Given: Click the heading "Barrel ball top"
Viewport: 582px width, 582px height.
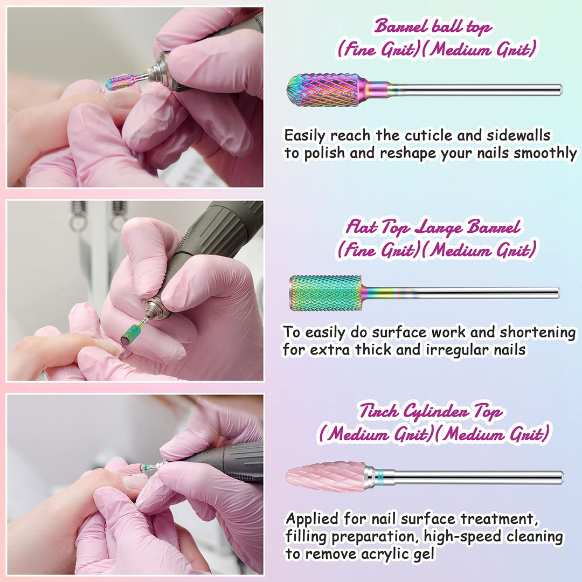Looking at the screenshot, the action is tap(433, 27).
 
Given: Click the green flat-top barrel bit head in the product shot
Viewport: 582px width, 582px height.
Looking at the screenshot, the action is tap(325, 293).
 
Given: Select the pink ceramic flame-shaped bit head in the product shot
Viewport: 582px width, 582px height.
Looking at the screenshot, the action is tap(325, 477).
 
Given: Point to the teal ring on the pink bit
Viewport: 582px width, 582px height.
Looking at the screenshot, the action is tap(380, 476).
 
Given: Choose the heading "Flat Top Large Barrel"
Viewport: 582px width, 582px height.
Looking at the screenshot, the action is tap(433, 227).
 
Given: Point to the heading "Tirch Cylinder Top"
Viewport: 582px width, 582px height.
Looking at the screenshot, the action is tap(431, 411).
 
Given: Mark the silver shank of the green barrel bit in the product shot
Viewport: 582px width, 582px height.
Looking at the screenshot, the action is tap(460, 293).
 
